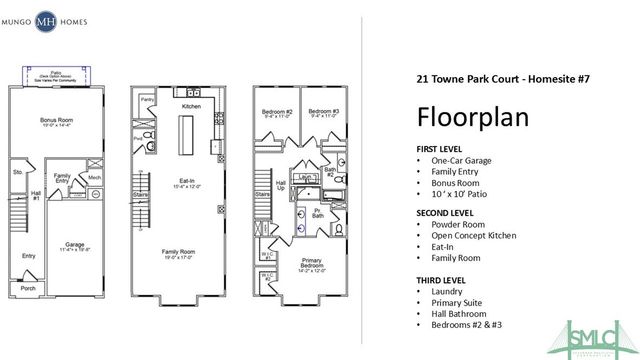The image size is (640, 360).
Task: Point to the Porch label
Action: pyautogui.click(x=28, y=290)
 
